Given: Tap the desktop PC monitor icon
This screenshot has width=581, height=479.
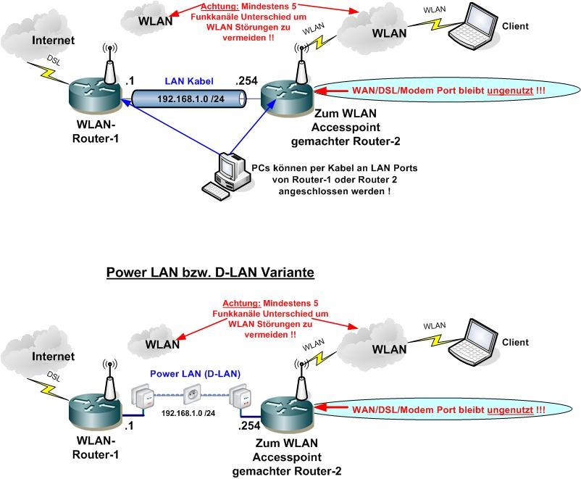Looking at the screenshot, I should (230, 167).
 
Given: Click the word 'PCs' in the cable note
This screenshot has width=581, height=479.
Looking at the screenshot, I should (262, 168).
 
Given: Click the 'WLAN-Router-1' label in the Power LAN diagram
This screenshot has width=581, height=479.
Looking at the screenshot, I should (99, 447).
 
